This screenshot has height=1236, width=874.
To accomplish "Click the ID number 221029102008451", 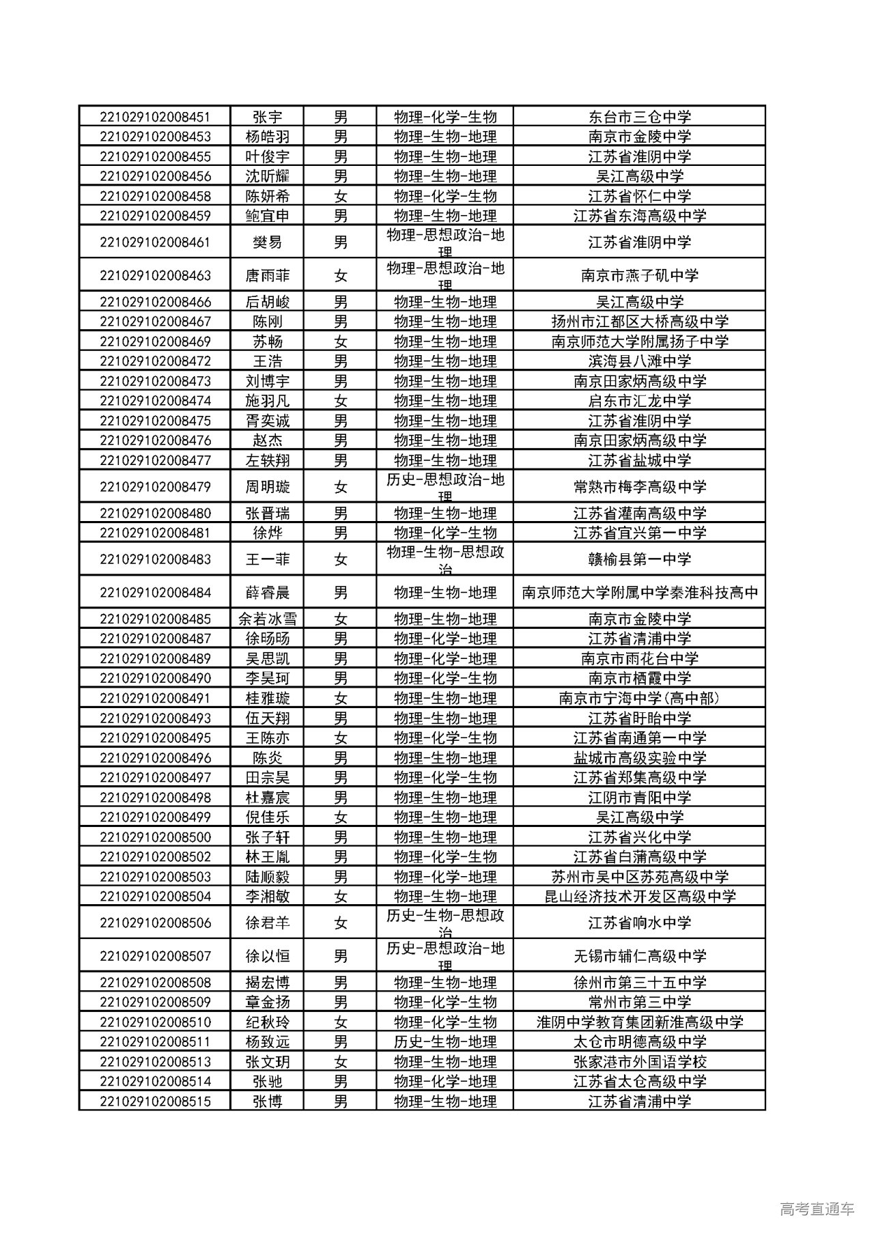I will coord(155,117).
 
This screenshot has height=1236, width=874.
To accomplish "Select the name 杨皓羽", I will coord(267,137).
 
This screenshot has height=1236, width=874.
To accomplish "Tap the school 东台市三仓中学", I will coord(639,117).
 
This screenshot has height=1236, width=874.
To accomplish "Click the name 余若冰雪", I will coord(267,619).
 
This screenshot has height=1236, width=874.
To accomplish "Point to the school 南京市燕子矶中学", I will coord(639,275).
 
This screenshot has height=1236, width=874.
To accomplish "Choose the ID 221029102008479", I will coord(155,487).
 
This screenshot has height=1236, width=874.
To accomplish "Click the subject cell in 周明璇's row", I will coord(445,487).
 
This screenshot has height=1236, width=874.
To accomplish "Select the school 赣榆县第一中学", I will coord(639,559).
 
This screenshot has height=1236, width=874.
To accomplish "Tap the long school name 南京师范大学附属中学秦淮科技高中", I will coord(639,593).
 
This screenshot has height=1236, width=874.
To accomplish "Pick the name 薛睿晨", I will coord(267,593).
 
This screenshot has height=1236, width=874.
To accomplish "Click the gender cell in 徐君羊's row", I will coord(340,923).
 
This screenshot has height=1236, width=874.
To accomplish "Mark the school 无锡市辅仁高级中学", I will coord(639,956).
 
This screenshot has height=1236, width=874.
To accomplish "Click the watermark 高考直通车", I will coord(817,1209).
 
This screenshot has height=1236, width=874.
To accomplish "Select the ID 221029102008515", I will coord(155,1101).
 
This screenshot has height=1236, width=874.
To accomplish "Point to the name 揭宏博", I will coord(267,983).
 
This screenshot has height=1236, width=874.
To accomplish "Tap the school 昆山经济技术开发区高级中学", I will coord(639,897).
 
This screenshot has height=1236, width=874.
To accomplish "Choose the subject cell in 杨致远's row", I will coord(445,1042).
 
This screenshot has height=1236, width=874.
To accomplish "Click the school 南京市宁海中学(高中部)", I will coord(639,699).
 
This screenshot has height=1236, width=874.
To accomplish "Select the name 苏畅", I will coord(267,341).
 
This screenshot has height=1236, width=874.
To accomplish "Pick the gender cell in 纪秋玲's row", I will coord(340,1022).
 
